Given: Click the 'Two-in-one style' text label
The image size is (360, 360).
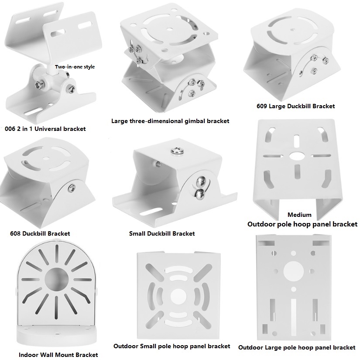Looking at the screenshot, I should pyautogui.click(x=75, y=67).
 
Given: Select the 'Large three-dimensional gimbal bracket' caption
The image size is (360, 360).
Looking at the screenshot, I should pyautogui.click(x=170, y=121).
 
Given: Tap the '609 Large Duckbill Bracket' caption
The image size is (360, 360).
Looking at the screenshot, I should pyautogui.click(x=295, y=106).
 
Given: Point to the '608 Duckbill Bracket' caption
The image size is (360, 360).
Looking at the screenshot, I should pyautogui.click(x=40, y=233).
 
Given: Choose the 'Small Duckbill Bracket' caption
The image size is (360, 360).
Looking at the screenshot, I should pyautogui.click(x=162, y=233).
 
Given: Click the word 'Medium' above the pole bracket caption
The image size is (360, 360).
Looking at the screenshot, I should pyautogui.click(x=299, y=215).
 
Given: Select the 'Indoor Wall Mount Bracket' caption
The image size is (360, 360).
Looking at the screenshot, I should pyautogui.click(x=58, y=355).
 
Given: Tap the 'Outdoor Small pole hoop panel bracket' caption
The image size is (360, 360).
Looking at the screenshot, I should pyautogui.click(x=171, y=346).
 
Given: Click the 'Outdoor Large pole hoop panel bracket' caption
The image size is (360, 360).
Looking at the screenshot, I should pyautogui.click(x=297, y=348).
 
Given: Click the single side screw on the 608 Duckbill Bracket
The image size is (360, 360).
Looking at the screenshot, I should pyautogui.click(x=71, y=187).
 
